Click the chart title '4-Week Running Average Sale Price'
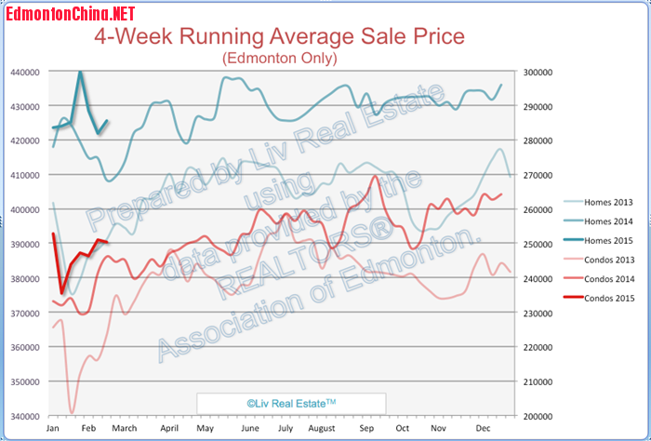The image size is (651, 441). [x=279, y=37]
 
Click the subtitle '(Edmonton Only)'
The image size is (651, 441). [x=280, y=58]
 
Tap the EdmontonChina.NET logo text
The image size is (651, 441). [x=69, y=12]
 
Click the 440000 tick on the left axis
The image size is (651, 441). [x=25, y=72]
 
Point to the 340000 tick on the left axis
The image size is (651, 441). [x=25, y=416]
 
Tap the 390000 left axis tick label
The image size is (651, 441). [x=25, y=244]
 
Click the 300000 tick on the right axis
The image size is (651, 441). [x=538, y=72]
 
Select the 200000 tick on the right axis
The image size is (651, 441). [x=538, y=416]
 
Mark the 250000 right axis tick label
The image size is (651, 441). [x=538, y=244]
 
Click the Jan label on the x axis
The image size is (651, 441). [x=53, y=429]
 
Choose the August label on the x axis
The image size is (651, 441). [x=322, y=429]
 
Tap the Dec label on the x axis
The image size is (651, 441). [x=483, y=429]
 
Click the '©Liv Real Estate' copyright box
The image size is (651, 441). [x=289, y=403]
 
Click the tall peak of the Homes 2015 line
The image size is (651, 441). [x=80, y=73]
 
